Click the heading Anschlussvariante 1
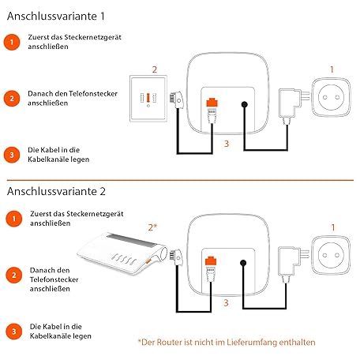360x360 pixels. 56,16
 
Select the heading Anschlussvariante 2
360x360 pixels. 56,191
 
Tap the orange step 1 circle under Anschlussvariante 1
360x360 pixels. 12,42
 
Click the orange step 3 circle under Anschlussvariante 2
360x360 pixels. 13,332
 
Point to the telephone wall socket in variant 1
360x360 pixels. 148,99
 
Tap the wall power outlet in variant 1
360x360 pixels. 331,97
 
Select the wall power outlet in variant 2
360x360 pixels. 331,255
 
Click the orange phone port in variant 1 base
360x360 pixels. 212,102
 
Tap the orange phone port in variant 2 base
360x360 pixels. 211,261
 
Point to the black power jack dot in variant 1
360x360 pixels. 245,104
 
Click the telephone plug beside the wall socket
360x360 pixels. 177,99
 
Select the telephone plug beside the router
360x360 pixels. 176,257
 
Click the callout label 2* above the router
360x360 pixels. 152,227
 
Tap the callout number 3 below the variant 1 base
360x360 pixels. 227,144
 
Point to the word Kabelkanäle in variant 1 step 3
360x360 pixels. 50,159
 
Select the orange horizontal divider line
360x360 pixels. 180,180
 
